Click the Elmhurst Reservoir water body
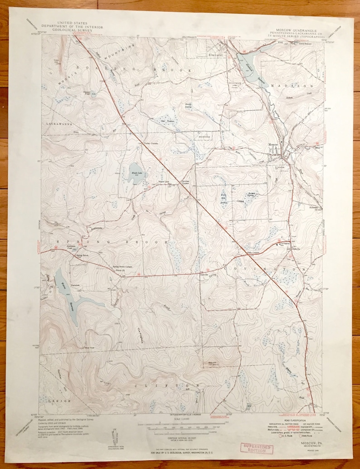tap(246, 65)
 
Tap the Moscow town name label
tap(272, 144)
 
